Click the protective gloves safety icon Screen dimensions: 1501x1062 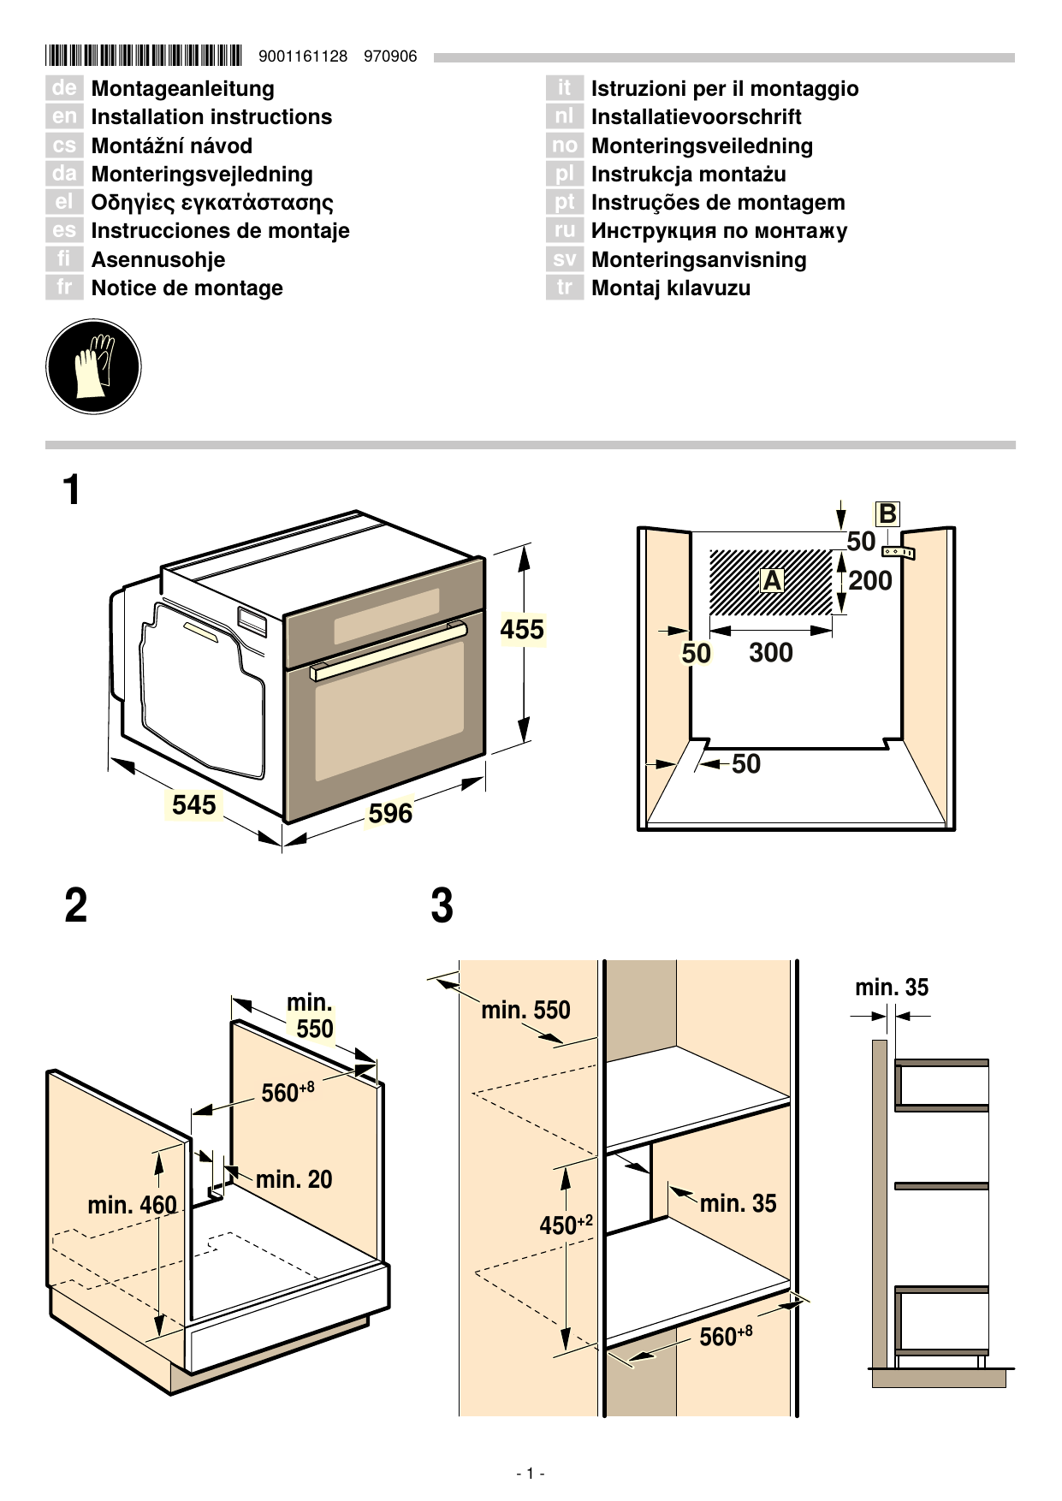(x=92, y=367)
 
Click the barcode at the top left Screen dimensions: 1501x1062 (x=144, y=56)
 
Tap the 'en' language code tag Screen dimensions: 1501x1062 (x=64, y=117)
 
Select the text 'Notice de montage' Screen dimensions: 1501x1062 (x=187, y=288)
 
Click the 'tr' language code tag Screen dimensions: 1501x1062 (x=564, y=288)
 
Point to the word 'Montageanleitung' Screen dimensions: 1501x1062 (x=182, y=89)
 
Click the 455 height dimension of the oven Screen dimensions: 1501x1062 (x=522, y=630)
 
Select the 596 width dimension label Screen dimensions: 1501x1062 (x=390, y=813)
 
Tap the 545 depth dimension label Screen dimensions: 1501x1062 (x=194, y=804)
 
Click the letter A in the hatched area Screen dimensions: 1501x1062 (x=772, y=581)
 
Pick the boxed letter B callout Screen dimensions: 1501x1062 (x=887, y=513)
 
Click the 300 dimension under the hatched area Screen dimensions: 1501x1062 (x=770, y=653)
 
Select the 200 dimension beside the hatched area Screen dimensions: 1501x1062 (x=870, y=581)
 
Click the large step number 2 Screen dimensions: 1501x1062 (x=76, y=905)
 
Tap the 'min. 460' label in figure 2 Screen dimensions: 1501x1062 (x=132, y=1205)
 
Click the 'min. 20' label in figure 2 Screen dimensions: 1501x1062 (x=294, y=1179)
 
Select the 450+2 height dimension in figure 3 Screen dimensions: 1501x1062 (x=566, y=1225)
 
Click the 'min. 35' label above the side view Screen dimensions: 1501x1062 (x=891, y=988)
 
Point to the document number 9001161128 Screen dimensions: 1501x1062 (x=303, y=56)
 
